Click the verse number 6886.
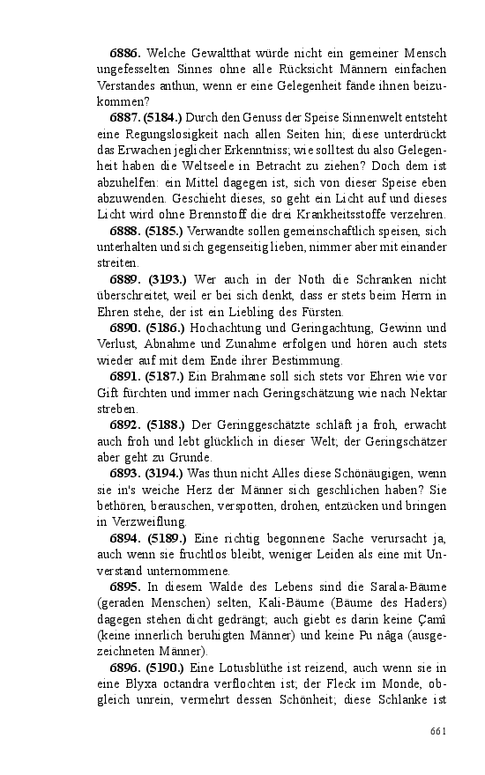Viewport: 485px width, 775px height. tap(126, 54)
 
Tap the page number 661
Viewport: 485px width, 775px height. tap(438, 731)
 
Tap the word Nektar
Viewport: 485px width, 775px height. tap(429, 393)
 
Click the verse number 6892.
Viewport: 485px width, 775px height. tap(128, 425)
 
